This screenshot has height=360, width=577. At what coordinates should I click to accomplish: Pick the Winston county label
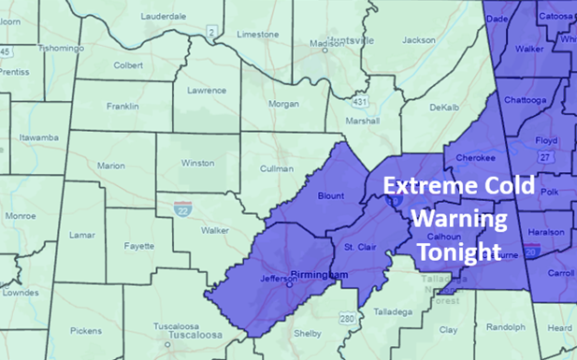197,161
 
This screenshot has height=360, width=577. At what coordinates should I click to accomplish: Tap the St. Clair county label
359,247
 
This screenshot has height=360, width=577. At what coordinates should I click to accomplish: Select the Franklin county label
123,107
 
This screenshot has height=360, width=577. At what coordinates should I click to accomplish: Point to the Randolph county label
506,327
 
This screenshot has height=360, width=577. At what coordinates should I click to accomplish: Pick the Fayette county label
139,246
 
